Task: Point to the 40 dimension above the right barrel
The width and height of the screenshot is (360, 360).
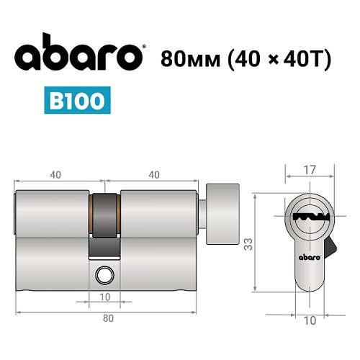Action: click(153, 174)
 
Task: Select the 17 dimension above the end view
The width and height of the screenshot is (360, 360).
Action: click(310, 171)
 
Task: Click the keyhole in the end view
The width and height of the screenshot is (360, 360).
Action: click(310, 216)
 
